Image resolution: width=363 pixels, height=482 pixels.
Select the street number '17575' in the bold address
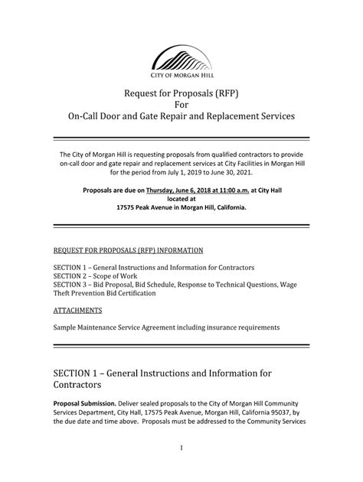tap(130, 207)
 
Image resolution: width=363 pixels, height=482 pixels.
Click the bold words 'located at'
tap(181, 197)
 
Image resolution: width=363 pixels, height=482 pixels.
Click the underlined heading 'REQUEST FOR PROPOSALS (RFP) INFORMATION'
tap(128, 250)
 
